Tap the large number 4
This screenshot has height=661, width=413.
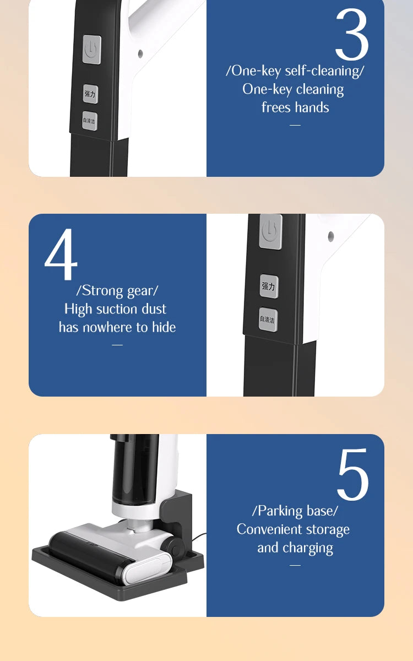(61, 254)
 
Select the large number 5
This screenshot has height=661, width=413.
(353, 474)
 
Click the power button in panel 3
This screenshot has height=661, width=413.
(92, 49)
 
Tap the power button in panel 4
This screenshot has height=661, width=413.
(270, 232)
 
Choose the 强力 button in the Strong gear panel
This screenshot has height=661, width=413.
(269, 286)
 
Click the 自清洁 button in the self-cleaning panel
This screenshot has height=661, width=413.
(90, 121)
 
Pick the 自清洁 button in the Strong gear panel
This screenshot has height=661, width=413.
(268, 319)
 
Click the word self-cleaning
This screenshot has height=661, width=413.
(322, 72)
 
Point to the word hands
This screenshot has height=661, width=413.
(312, 107)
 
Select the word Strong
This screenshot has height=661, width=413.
(102, 291)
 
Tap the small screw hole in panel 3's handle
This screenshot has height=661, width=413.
(140, 54)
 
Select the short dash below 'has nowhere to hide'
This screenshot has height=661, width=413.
(117, 345)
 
